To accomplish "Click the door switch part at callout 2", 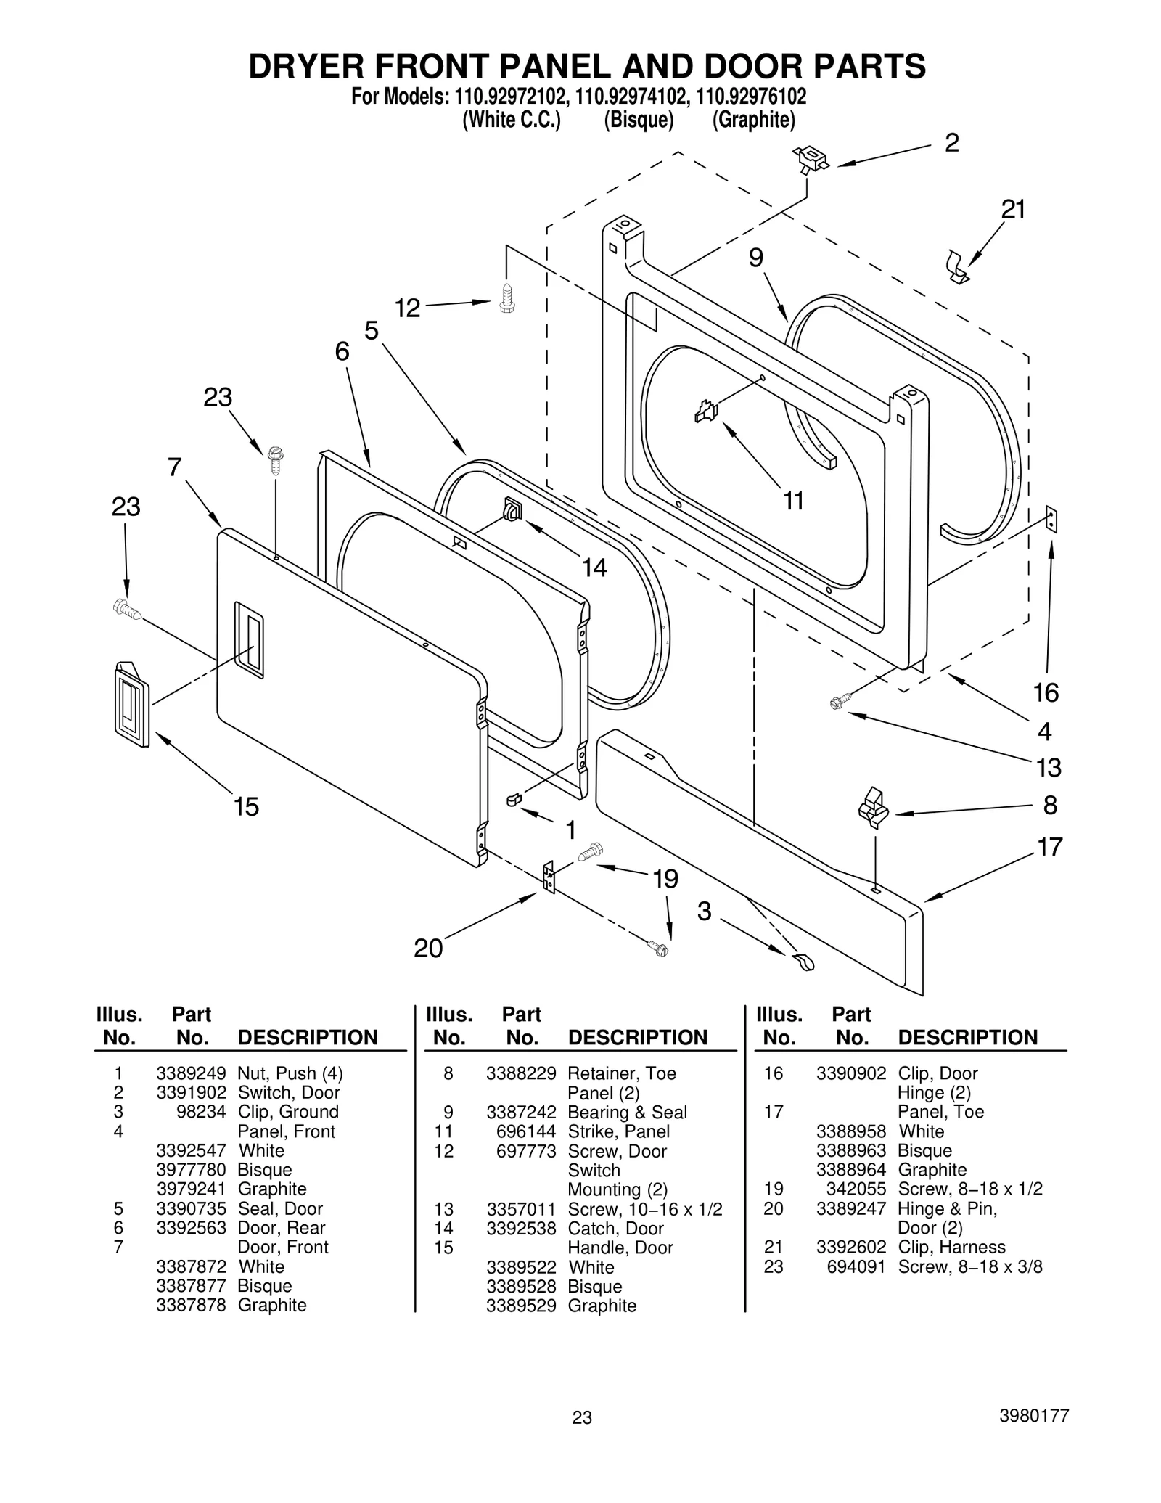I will pos(811,159).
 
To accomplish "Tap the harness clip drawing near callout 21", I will pos(957,266).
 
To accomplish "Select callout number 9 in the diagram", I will pos(756,258).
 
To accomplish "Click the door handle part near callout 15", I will pos(131,703).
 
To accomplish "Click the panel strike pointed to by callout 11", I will pos(705,411).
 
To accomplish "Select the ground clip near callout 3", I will pos(803,962).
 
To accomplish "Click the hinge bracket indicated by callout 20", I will pos(549,877).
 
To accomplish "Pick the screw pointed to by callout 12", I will pos(507,298).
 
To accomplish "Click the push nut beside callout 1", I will pos(514,799).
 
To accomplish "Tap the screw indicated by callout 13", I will pos(839,702).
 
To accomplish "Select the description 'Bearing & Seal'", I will pos(627,1112).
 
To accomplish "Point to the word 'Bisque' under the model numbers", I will pos(639,120).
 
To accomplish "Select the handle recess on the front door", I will pos(248,639).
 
